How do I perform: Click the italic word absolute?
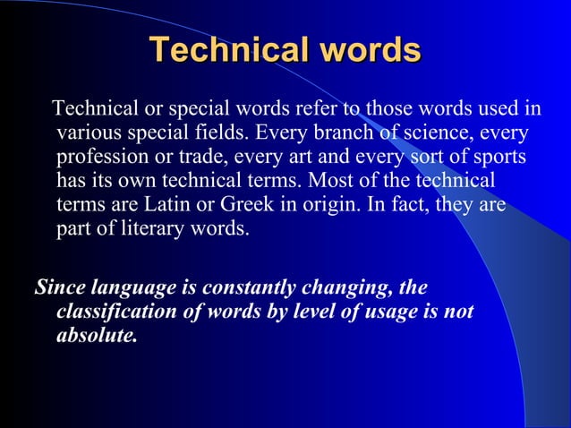point(97,337)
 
